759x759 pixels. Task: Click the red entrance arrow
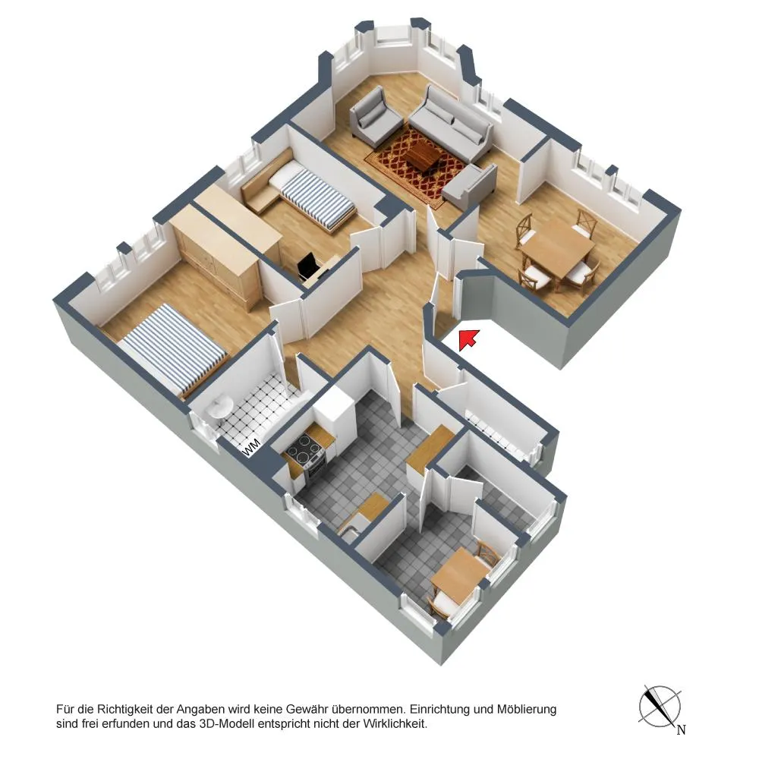[468, 339]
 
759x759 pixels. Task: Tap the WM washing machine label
[252, 447]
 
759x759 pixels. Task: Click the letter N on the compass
[681, 729]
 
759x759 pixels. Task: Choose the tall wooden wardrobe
[216, 257]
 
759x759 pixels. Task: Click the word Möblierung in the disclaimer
[527, 710]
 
